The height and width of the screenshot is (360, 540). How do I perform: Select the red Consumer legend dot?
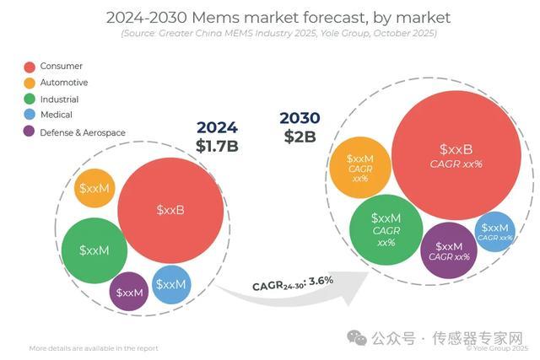[29, 67]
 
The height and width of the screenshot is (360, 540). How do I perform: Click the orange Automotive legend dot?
[29, 83]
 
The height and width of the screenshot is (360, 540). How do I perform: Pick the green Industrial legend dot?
[29, 99]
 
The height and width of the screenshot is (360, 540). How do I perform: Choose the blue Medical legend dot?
[29, 115]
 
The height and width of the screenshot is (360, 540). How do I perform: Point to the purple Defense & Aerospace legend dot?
[29, 132]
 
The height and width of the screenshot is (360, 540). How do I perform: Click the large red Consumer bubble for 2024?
[170, 209]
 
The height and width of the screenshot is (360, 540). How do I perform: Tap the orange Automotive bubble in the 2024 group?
[94, 188]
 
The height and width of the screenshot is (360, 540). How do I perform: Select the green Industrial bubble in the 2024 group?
[94, 250]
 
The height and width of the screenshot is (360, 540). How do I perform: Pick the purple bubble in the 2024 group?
[130, 292]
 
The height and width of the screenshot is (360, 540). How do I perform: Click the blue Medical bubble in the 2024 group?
[171, 284]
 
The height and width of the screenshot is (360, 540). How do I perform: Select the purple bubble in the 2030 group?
[449, 250]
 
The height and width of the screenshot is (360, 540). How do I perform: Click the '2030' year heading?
[300, 117]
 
